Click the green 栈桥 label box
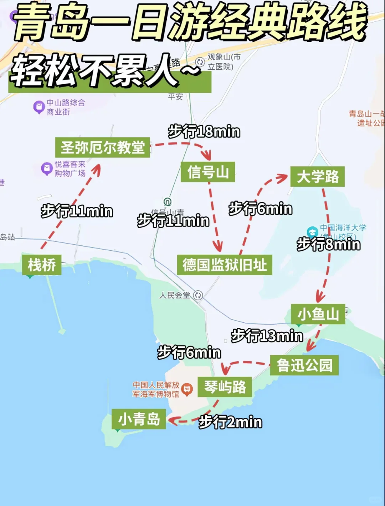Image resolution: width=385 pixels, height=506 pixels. pyautogui.click(x=42, y=265)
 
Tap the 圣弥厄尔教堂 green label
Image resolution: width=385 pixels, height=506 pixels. pyautogui.click(x=102, y=147)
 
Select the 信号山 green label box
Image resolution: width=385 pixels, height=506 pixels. pyautogui.click(x=208, y=172)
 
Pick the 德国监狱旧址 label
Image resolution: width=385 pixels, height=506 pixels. pyautogui.click(x=225, y=265)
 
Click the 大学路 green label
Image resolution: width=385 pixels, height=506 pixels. pyautogui.click(x=318, y=176)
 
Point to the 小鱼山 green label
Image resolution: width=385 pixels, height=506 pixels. pyautogui.click(x=318, y=314)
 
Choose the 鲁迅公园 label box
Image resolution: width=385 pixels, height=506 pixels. pyautogui.click(x=304, y=365)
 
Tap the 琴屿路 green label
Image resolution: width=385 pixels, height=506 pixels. pyautogui.click(x=225, y=387)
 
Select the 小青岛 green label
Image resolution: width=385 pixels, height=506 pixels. pyautogui.click(x=139, y=419)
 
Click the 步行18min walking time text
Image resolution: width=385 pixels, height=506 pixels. pyautogui.click(x=204, y=132)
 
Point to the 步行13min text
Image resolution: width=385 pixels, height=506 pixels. pyautogui.click(x=267, y=336)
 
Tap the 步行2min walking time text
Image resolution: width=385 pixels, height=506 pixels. pyautogui.click(x=230, y=422)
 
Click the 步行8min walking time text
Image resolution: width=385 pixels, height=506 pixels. pyautogui.click(x=328, y=245)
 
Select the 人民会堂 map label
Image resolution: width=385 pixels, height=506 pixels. pyautogui.click(x=175, y=295)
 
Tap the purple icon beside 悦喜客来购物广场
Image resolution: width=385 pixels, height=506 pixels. pyautogui.click(x=47, y=169)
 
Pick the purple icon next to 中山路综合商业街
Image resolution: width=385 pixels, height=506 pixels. pyautogui.click(x=39, y=107)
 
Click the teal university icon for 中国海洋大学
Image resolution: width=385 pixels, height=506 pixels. pyautogui.click(x=312, y=232)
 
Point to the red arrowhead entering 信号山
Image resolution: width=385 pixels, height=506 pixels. pyautogui.click(x=207, y=156)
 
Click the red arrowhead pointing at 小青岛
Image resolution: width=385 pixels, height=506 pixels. pyautogui.click(x=172, y=421)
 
